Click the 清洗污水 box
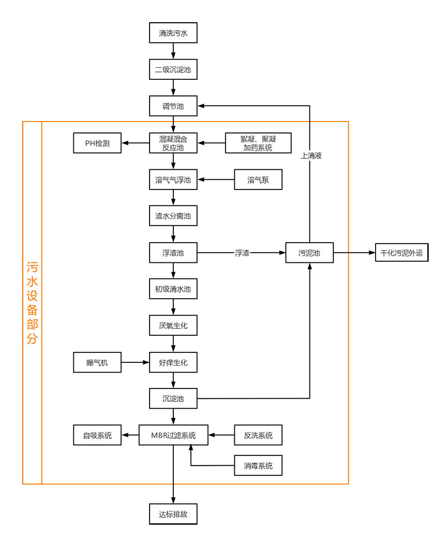pyautogui.click(x=173, y=34)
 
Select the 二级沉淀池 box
pyautogui.click(x=173, y=70)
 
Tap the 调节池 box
pyautogui.click(x=173, y=106)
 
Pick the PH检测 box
pyautogui.click(x=97, y=143)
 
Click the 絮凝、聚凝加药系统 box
pyautogui.click(x=258, y=143)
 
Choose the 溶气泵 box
pyautogui.click(x=258, y=180)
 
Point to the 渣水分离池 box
pyautogui.click(x=173, y=216)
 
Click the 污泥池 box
pyautogui.click(x=309, y=253)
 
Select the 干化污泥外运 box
pyautogui.click(x=402, y=253)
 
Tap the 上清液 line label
pyautogui.click(x=311, y=156)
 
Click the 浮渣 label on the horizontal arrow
pyautogui.click(x=242, y=253)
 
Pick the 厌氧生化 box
pyautogui.click(x=173, y=325)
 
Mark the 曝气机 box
pyautogui.click(x=97, y=363)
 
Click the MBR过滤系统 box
pyautogui.click(x=173, y=435)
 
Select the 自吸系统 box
pyautogui.click(x=97, y=435)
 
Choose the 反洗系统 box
pyautogui.click(x=258, y=435)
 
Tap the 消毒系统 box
pyautogui.click(x=258, y=465)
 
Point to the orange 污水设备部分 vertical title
pyautogui.click(x=32, y=303)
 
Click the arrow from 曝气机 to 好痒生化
pyautogui.click(x=135, y=363)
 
